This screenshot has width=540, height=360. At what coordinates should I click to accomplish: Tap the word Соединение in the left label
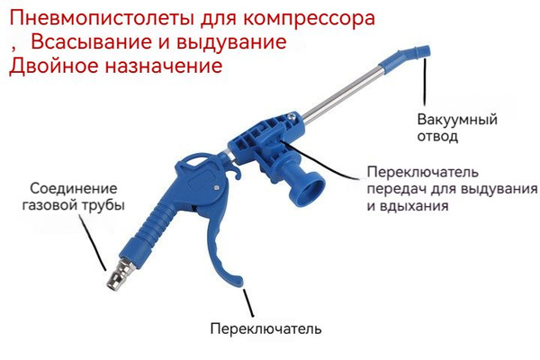pos(74,188)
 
